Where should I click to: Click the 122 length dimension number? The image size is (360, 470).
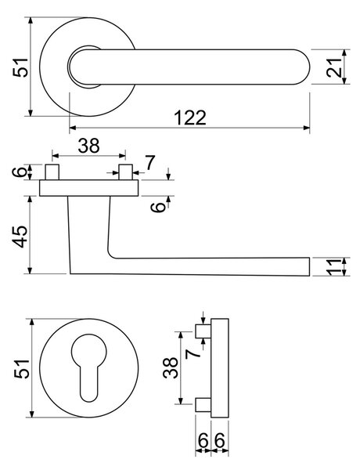click(x=190, y=117)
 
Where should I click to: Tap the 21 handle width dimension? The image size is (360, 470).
click(x=334, y=67)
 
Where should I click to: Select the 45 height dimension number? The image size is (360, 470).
click(x=21, y=237)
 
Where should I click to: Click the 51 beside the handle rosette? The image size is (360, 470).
click(x=21, y=67)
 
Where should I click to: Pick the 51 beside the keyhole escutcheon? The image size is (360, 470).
click(x=22, y=368)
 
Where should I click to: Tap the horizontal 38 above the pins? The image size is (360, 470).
click(x=88, y=146)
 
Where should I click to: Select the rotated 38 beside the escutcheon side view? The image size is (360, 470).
click(x=171, y=367)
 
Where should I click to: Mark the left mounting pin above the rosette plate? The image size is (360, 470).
click(x=52, y=172)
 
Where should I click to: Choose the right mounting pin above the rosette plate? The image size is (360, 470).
click(x=125, y=172)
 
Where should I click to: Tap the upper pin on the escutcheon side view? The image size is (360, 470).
click(x=203, y=331)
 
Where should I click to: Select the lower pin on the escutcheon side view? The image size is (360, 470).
click(x=203, y=405)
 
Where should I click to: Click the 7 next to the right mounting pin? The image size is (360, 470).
click(x=149, y=163)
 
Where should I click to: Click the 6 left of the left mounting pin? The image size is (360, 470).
click(x=19, y=172)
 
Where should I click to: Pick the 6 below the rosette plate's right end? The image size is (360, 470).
click(x=159, y=207)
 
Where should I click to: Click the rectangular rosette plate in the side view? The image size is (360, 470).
click(x=89, y=188)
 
